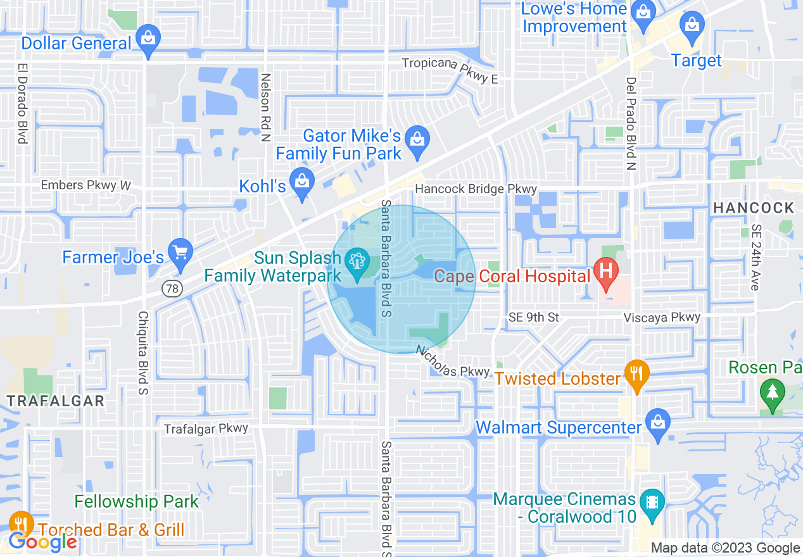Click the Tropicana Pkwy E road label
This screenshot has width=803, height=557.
tap(450, 70)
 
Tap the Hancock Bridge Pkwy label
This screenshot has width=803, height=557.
tap(476, 189)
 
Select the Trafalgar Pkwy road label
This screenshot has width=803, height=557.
tap(206, 429)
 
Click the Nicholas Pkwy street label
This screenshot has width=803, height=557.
tap(453, 361)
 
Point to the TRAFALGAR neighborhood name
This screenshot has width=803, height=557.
tap(55, 400)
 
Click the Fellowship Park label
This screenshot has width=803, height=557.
tap(137, 502)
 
